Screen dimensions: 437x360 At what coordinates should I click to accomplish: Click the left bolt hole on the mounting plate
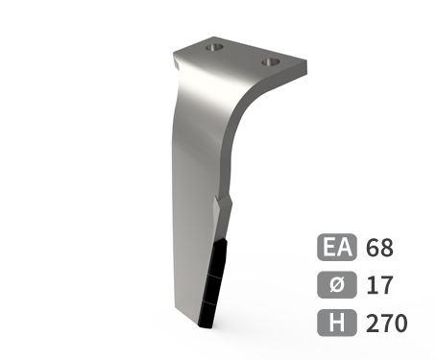click(x=214, y=47)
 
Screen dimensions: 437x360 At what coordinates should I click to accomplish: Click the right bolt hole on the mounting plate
click(x=271, y=61)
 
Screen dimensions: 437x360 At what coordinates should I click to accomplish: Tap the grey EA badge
click(x=337, y=247)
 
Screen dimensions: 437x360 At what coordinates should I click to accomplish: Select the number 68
click(x=379, y=248)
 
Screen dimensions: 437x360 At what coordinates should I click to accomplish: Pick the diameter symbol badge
click(x=337, y=285)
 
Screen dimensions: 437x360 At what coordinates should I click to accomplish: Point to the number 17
click(x=379, y=285)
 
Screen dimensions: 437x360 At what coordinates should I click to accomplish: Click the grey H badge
click(x=337, y=323)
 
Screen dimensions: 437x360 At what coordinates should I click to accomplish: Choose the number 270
click(x=386, y=324)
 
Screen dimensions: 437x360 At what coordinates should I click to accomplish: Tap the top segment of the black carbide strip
click(x=217, y=258)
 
